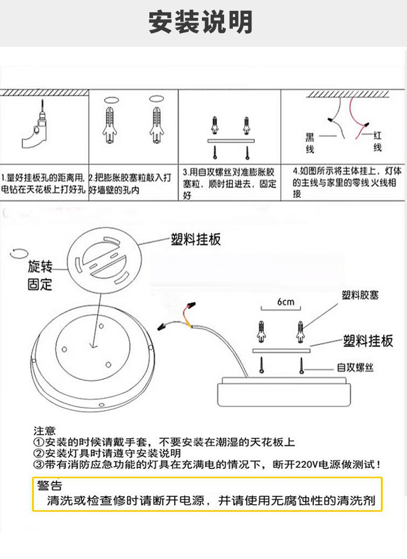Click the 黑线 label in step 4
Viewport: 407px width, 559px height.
tap(310, 143)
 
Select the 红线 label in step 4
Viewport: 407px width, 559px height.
tap(378, 141)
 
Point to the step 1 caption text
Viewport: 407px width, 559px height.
tap(43, 183)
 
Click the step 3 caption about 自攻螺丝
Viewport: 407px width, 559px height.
tap(229, 183)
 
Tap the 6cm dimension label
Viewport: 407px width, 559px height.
tap(285, 301)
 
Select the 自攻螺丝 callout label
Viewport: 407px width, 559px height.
tap(355, 367)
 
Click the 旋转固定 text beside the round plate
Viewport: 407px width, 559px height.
tap(40, 275)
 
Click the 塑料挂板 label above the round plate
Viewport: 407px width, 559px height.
tap(195, 240)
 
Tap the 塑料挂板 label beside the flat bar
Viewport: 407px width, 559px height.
tap(368, 341)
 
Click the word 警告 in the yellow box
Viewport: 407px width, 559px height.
tap(49, 486)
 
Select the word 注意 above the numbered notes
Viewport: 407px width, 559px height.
tap(44, 431)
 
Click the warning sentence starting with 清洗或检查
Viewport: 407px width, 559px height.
tap(211, 500)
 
